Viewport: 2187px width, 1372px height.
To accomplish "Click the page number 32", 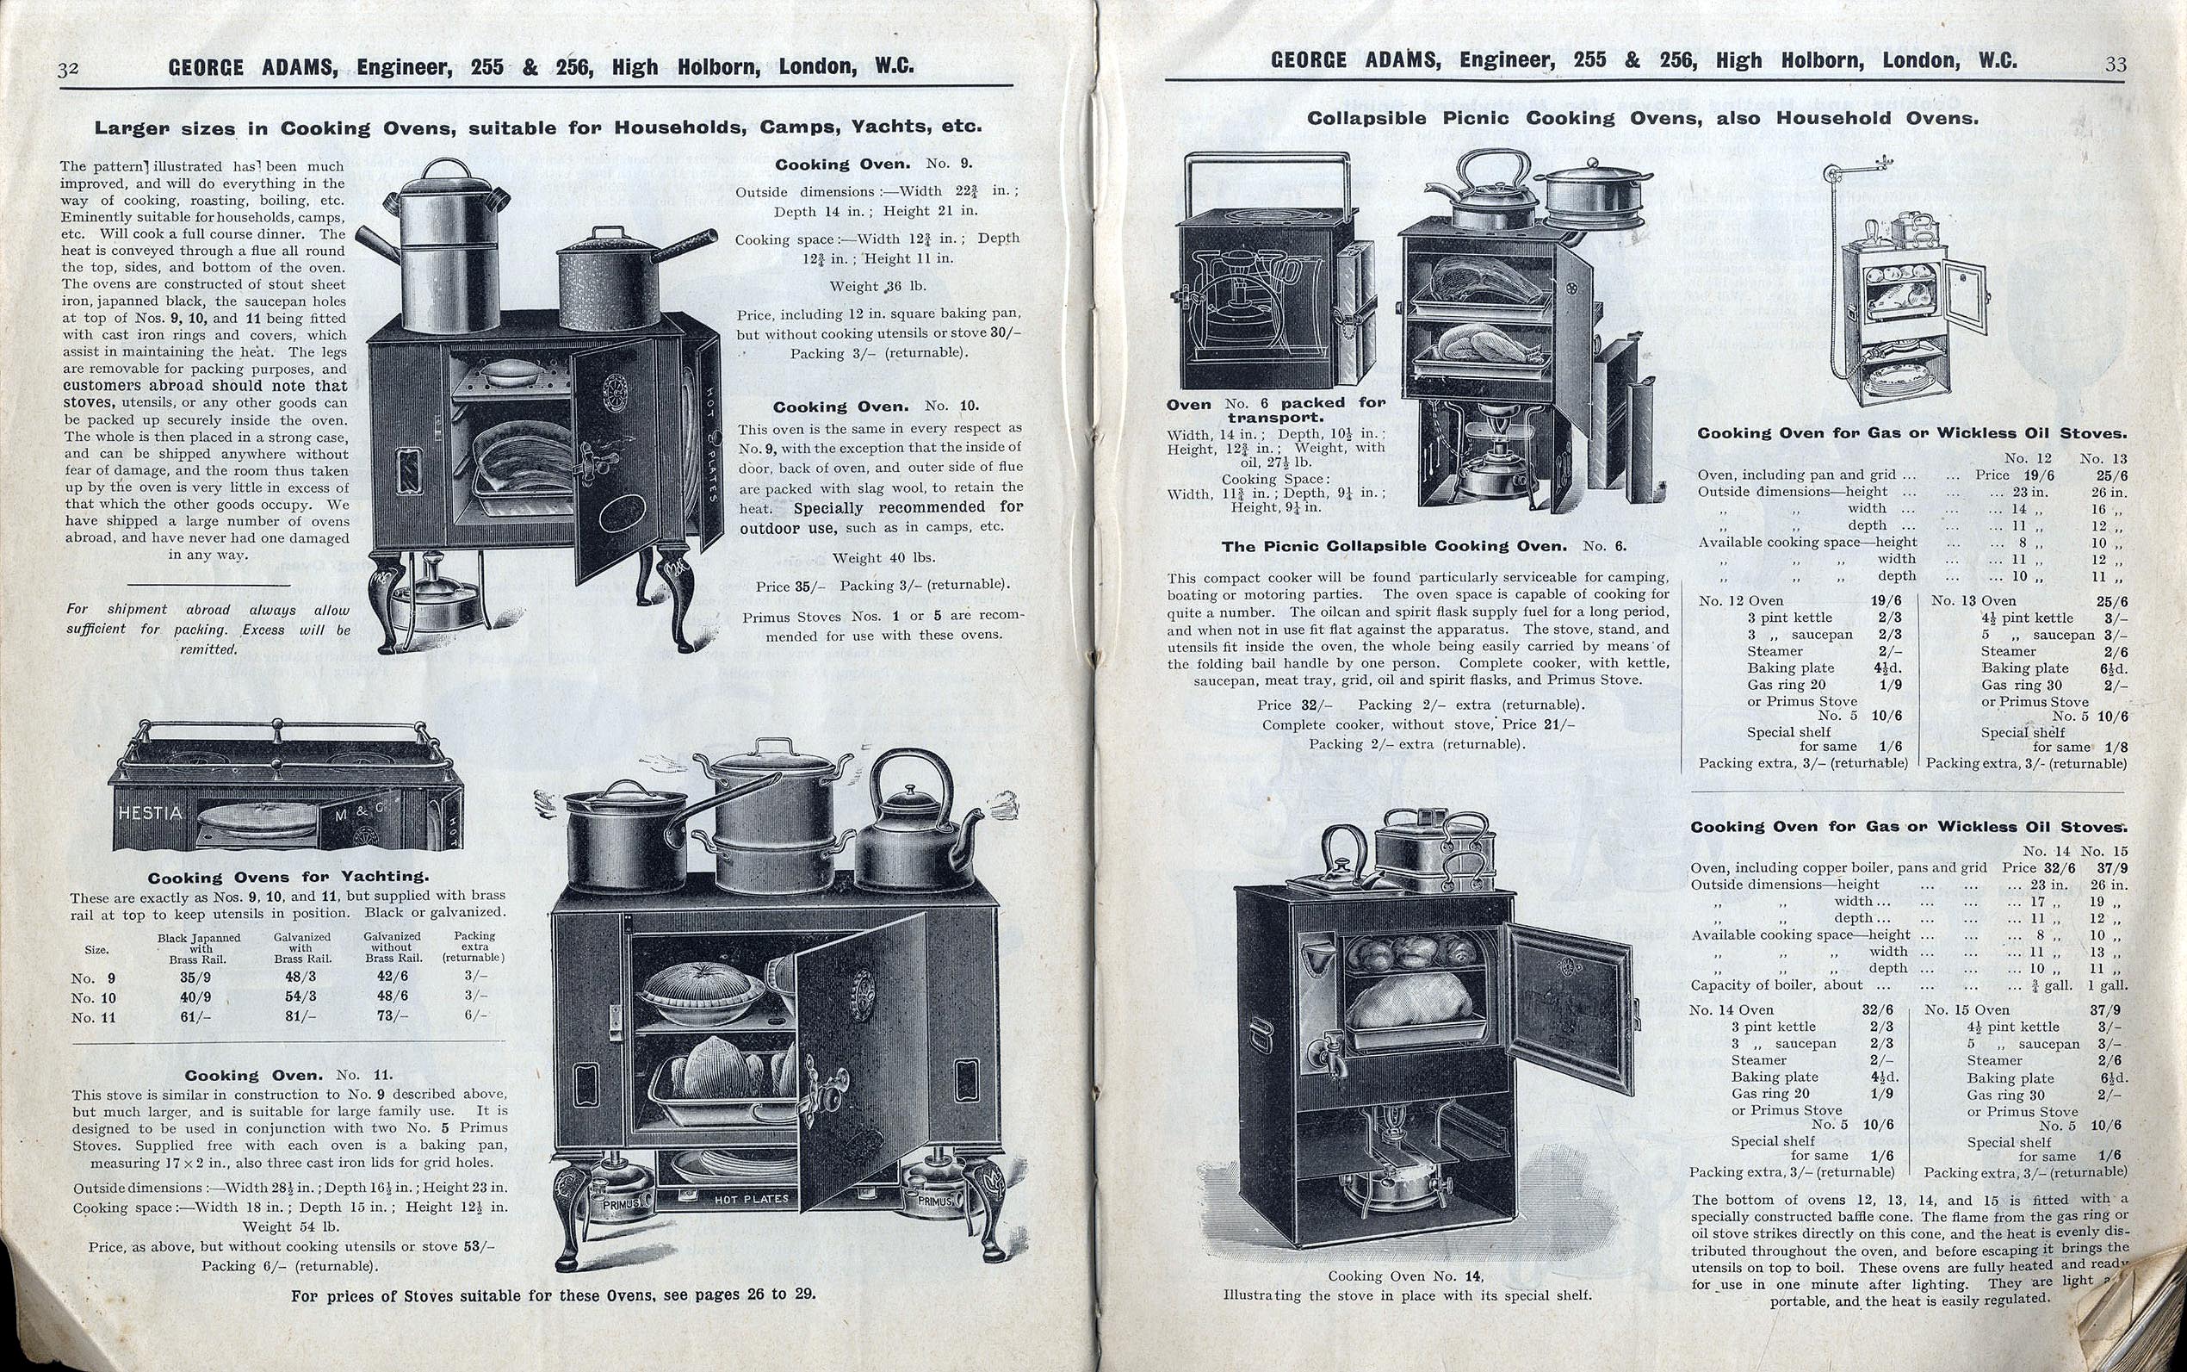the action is pos(68,69).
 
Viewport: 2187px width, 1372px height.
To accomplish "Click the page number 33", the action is pos(2116,65).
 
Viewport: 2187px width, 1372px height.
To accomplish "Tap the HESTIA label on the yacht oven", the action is pos(150,813).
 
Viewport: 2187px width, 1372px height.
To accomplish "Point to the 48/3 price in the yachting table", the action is pos(301,978).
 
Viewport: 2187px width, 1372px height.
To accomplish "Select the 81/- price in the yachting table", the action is pos(301,1016).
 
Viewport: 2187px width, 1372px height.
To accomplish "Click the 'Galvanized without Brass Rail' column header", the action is pos(392,947).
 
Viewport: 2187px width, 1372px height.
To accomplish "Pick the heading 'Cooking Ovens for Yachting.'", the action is pos(288,878).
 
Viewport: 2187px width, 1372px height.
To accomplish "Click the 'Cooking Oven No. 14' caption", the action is pos(1406,1276).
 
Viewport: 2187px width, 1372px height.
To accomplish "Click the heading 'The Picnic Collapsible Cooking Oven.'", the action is pos(1394,546).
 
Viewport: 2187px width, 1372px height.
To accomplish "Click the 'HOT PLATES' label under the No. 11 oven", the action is pos(751,1200).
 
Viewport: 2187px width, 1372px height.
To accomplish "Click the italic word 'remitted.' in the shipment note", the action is pos(208,649).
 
